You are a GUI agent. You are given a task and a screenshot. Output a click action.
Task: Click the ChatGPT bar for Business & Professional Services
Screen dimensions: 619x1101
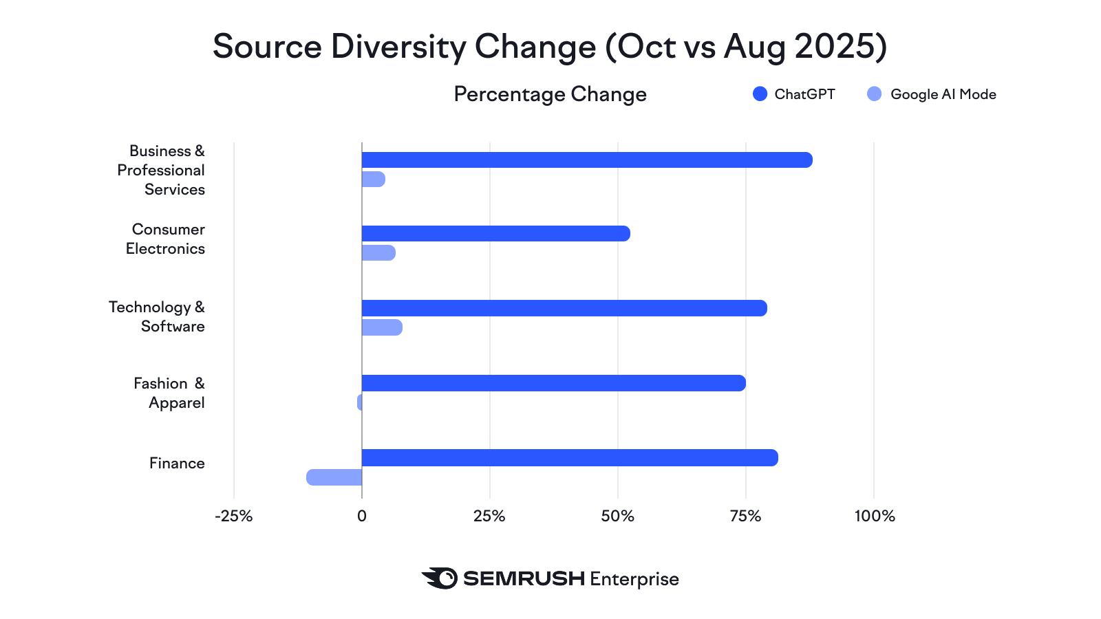[x=586, y=160]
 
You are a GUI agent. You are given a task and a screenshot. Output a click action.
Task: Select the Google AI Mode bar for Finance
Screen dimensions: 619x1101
[x=334, y=477]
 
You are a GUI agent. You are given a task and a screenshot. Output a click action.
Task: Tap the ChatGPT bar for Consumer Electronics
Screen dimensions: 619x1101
[x=495, y=233]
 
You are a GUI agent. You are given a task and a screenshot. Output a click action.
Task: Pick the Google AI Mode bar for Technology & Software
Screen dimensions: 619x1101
[x=382, y=327]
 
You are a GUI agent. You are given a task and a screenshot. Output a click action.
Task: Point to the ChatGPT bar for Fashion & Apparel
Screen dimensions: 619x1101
[x=553, y=383]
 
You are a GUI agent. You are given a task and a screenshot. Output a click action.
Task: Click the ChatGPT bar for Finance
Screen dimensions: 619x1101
[x=570, y=457]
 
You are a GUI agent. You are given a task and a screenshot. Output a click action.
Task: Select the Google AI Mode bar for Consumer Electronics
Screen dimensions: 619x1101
[x=378, y=252]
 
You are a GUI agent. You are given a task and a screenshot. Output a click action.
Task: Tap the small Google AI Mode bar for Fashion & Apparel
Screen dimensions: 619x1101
[x=360, y=402]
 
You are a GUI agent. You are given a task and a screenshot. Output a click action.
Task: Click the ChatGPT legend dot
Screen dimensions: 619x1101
[x=760, y=94]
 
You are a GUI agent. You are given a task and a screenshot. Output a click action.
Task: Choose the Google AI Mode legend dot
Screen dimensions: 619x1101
[x=874, y=94]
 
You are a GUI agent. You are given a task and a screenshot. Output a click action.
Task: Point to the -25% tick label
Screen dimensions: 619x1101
[x=234, y=517]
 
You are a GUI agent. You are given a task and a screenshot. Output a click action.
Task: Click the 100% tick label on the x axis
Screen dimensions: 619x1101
[x=875, y=517]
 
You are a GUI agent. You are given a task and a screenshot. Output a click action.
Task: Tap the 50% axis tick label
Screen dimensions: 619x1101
[x=618, y=517]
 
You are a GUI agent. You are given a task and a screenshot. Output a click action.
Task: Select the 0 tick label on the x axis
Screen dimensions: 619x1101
[x=362, y=517]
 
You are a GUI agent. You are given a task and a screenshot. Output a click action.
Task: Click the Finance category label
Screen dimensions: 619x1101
[x=177, y=464]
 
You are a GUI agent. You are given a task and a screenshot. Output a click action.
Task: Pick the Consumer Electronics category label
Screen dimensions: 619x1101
[x=166, y=239]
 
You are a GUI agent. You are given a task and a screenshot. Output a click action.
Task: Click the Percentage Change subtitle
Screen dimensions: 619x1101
[x=550, y=94]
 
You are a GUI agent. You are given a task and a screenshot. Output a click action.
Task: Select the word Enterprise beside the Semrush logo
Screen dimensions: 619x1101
[x=634, y=579]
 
